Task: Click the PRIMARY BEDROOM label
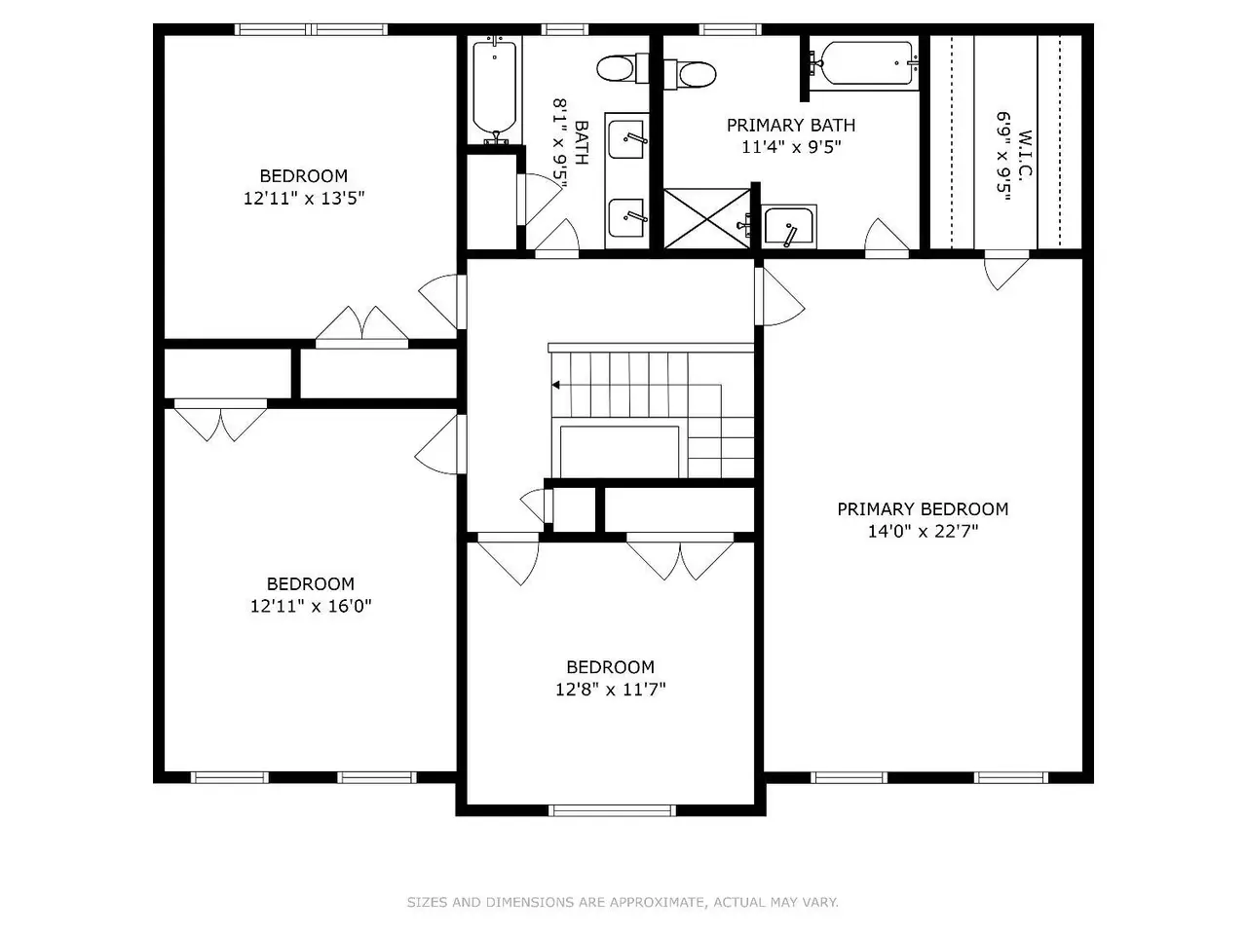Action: (x=923, y=508)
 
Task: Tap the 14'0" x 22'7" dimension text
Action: (x=923, y=531)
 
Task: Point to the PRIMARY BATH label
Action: (x=791, y=125)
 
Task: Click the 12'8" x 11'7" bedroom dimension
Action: (x=610, y=690)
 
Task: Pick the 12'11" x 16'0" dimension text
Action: (x=311, y=606)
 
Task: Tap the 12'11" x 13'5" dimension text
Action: (x=304, y=198)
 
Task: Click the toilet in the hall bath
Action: (x=623, y=68)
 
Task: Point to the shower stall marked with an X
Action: (x=707, y=218)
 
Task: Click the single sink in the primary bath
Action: (x=789, y=226)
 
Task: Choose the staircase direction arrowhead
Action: (x=555, y=385)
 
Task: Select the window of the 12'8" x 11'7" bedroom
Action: (x=612, y=810)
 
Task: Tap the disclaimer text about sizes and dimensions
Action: (x=623, y=902)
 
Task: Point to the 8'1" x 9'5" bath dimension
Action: (x=561, y=143)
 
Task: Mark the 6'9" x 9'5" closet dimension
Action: (x=1003, y=156)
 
